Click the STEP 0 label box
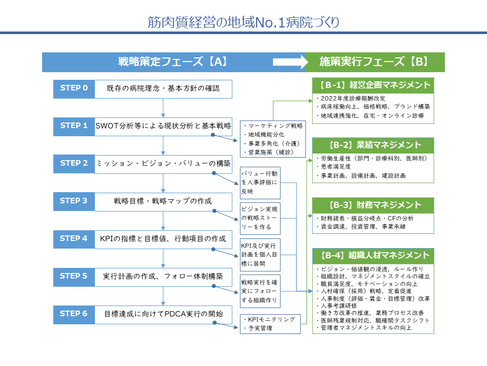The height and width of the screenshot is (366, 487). click(74, 89)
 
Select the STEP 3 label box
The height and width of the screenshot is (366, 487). click(74, 202)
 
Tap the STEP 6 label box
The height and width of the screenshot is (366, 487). click(74, 315)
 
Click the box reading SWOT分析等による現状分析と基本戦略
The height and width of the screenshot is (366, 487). click(163, 127)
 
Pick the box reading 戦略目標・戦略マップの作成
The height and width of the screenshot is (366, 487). click(163, 202)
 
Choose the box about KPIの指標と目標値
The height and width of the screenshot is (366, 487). click(163, 239)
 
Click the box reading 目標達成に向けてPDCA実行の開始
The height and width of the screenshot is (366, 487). click(163, 315)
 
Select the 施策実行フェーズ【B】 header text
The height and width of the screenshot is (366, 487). click(374, 62)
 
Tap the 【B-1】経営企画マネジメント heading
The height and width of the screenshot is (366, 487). click(373, 85)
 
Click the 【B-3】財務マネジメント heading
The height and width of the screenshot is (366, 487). click(373, 205)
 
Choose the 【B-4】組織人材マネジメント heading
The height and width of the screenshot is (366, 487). click(373, 256)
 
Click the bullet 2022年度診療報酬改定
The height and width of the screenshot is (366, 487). click(351, 98)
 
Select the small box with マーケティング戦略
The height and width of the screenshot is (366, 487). click(273, 139)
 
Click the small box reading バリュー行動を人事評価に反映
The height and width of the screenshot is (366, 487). click(260, 182)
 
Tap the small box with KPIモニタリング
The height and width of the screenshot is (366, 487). click(270, 324)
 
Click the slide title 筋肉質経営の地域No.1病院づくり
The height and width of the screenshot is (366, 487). click(243, 22)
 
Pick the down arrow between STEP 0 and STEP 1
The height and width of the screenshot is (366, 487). click(163, 108)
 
